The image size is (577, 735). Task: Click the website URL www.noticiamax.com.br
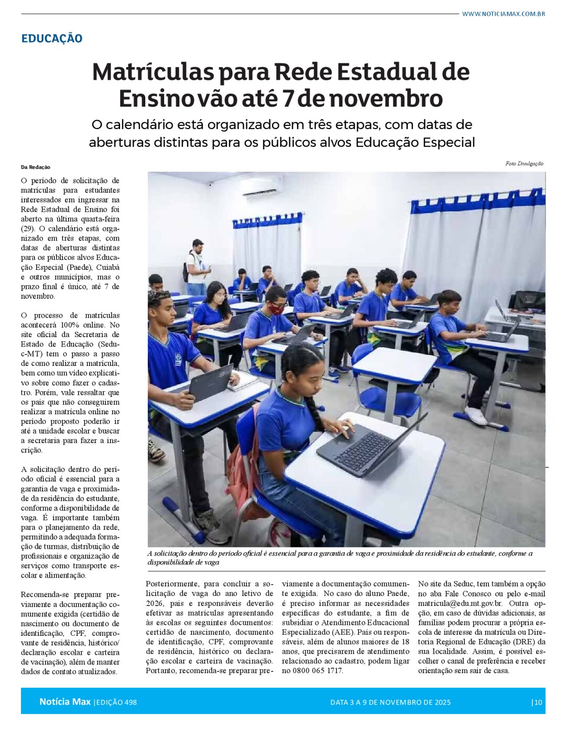coord(503,14)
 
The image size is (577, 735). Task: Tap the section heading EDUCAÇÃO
coord(51,38)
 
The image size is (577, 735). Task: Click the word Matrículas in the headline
coord(153,72)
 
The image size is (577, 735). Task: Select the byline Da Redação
coord(36,167)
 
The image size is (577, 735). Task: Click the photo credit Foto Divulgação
coord(524,163)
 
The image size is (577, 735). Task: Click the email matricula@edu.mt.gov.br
coord(460,603)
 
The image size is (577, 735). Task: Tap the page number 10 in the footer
coord(538,702)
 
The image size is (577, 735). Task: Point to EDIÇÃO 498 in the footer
coord(116,702)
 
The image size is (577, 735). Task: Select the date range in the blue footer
coord(390,702)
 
